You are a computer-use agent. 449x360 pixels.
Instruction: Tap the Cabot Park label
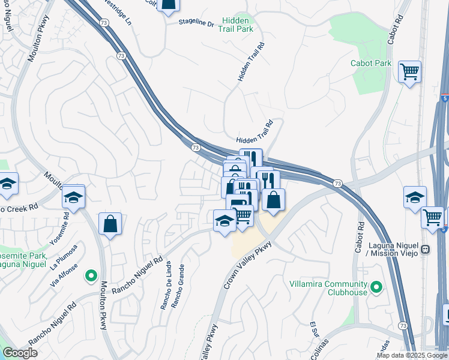(x=371, y=63)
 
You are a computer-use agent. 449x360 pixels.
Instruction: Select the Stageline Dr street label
(x=196, y=23)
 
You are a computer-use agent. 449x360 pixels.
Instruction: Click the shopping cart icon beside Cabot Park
(x=409, y=72)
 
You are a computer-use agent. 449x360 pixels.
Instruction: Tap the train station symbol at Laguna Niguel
(x=426, y=249)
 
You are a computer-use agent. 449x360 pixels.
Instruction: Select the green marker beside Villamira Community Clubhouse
(x=376, y=287)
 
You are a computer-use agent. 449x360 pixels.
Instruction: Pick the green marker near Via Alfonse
(x=91, y=275)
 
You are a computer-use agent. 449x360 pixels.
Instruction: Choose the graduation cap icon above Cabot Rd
(x=415, y=197)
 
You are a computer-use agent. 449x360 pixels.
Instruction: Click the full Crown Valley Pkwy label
(x=248, y=265)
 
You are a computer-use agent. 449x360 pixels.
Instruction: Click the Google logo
(x=20, y=353)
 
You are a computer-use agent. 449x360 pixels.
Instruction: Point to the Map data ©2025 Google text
(x=412, y=355)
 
